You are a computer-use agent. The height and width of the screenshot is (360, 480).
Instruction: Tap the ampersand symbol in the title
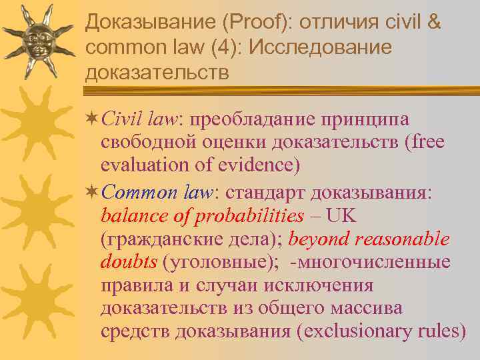[433, 22]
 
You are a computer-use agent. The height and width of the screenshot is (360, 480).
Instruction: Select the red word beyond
[315, 239]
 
